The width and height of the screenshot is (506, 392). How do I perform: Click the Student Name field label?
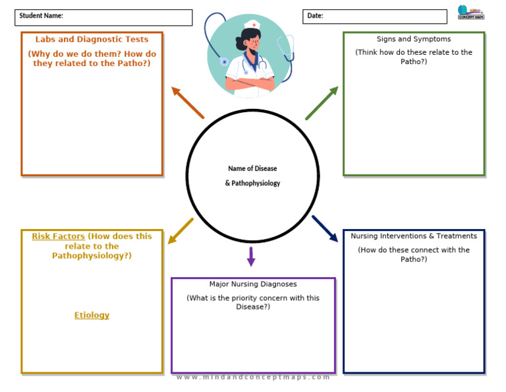click(x=41, y=16)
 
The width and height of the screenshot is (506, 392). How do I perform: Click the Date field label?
click(x=315, y=16)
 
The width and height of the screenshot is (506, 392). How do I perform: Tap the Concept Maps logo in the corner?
click(x=470, y=13)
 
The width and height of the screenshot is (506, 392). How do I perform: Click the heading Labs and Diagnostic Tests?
click(x=92, y=40)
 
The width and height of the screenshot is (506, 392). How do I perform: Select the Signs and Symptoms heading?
click(x=414, y=40)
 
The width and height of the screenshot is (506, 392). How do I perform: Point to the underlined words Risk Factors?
click(x=58, y=236)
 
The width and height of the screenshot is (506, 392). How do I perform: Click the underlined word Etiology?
click(x=92, y=315)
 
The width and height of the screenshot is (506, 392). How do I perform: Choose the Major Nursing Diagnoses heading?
click(x=253, y=284)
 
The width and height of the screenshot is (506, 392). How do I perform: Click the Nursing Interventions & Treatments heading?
click(x=414, y=236)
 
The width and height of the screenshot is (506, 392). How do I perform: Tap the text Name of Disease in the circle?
click(x=252, y=169)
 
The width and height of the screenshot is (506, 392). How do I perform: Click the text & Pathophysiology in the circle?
click(x=252, y=183)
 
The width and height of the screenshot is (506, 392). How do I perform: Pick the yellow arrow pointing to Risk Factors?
click(x=181, y=231)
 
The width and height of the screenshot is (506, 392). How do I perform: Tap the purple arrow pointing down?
click(x=251, y=256)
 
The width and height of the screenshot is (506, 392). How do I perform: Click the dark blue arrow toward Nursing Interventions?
click(x=324, y=228)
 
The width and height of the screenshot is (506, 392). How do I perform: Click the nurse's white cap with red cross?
click(x=252, y=25)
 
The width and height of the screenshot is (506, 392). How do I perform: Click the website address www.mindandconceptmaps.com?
click(x=253, y=377)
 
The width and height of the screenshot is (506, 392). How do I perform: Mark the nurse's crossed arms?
click(x=250, y=83)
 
